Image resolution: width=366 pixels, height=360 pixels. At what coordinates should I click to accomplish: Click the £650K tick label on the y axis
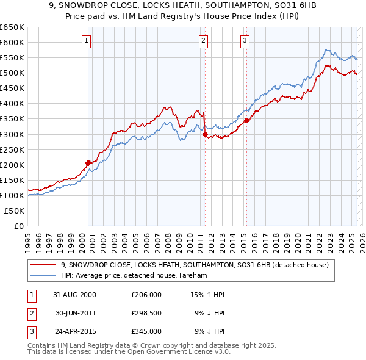(x=12, y=27)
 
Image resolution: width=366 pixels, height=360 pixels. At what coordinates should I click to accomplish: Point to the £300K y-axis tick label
(x=12, y=134)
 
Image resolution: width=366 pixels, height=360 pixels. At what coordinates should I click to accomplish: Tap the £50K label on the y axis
(x=15, y=211)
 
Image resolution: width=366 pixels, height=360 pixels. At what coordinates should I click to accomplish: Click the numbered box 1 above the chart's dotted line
(x=87, y=41)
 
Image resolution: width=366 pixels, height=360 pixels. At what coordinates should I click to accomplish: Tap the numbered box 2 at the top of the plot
(x=203, y=41)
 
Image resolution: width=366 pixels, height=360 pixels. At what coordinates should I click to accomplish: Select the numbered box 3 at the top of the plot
(x=245, y=41)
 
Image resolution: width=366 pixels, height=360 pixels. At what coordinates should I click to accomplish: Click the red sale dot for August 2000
(x=88, y=163)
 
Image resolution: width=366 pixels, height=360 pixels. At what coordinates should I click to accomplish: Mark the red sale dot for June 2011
(x=205, y=135)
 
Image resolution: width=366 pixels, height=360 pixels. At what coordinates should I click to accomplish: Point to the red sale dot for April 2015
(x=246, y=121)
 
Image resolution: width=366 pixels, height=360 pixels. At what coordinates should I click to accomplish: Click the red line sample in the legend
(x=43, y=265)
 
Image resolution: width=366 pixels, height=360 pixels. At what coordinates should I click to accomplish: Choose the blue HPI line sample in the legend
(x=43, y=275)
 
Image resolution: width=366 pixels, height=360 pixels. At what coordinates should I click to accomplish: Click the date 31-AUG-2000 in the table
(x=74, y=295)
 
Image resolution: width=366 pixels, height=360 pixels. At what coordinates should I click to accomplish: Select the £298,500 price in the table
(x=146, y=313)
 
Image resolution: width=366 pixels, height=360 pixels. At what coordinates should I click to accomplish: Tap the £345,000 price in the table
(x=146, y=331)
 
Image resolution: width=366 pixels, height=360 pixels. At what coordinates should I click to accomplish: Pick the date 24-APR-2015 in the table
(x=74, y=331)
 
